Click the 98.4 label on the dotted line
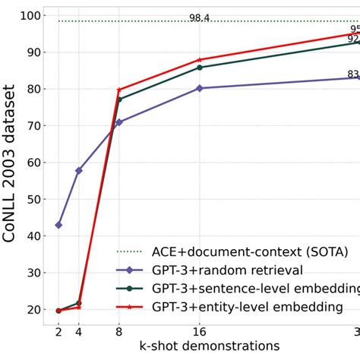(x=199, y=17)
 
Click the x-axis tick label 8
(x=118, y=331)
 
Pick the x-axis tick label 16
(x=199, y=331)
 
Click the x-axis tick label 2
(x=58, y=331)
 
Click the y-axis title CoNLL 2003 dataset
(x=10, y=163)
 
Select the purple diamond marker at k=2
(x=58, y=225)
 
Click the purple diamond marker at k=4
(x=79, y=171)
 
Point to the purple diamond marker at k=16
(x=200, y=88)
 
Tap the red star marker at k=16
(x=200, y=60)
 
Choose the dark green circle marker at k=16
(x=200, y=68)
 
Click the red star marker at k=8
(x=119, y=90)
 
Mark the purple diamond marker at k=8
(x=119, y=122)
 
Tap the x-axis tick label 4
(x=79, y=331)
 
